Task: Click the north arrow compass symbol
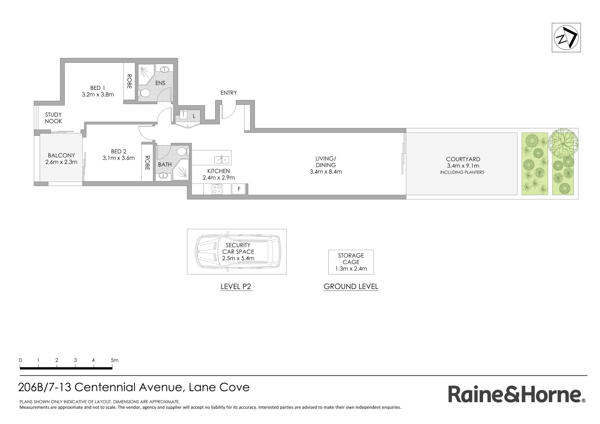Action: click(x=566, y=38)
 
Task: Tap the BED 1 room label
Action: click(x=98, y=88)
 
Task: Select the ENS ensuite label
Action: click(x=160, y=83)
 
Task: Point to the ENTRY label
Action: click(x=229, y=93)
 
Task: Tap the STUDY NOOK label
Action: click(x=53, y=118)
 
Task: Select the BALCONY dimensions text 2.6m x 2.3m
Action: click(x=61, y=162)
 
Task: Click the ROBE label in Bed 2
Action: click(x=147, y=163)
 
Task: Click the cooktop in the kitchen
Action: click(x=217, y=189)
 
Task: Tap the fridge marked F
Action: click(x=239, y=189)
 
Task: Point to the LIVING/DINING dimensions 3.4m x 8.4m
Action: click(x=326, y=172)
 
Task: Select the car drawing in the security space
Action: click(x=238, y=252)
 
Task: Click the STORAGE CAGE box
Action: click(x=351, y=262)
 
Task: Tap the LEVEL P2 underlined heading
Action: click(x=236, y=287)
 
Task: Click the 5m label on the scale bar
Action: click(x=114, y=360)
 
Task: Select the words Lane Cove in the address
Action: click(x=219, y=387)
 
